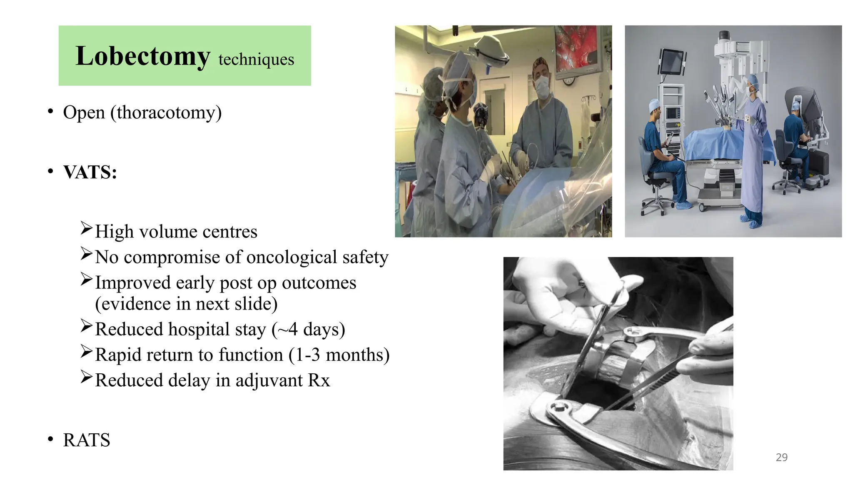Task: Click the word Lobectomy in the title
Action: click(x=142, y=56)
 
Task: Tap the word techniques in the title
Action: click(x=256, y=60)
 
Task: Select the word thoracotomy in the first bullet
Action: click(x=166, y=112)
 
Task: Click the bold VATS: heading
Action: click(x=90, y=172)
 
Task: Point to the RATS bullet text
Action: click(x=87, y=440)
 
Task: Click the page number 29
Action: click(x=781, y=457)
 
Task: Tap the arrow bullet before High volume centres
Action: click(x=86, y=228)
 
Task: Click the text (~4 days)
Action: click(x=308, y=329)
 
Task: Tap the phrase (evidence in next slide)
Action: click(x=186, y=304)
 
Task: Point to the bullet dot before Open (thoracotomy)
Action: click(x=50, y=112)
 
